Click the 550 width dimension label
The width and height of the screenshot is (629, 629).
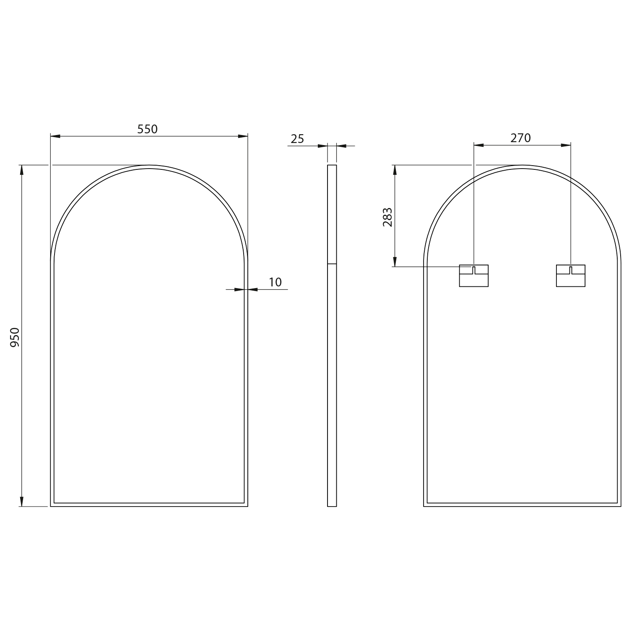148,129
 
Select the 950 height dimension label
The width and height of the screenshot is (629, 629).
15,337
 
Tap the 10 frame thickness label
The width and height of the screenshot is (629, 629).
275,282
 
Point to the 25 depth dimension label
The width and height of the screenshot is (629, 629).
297,139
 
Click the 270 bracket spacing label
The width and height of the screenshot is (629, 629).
520,138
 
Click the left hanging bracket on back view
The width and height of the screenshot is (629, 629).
474,276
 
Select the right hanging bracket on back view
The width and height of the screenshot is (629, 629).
571,276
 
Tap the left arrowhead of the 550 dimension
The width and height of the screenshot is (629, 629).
55,136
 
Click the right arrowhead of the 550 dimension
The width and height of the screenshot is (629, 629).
243,136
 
